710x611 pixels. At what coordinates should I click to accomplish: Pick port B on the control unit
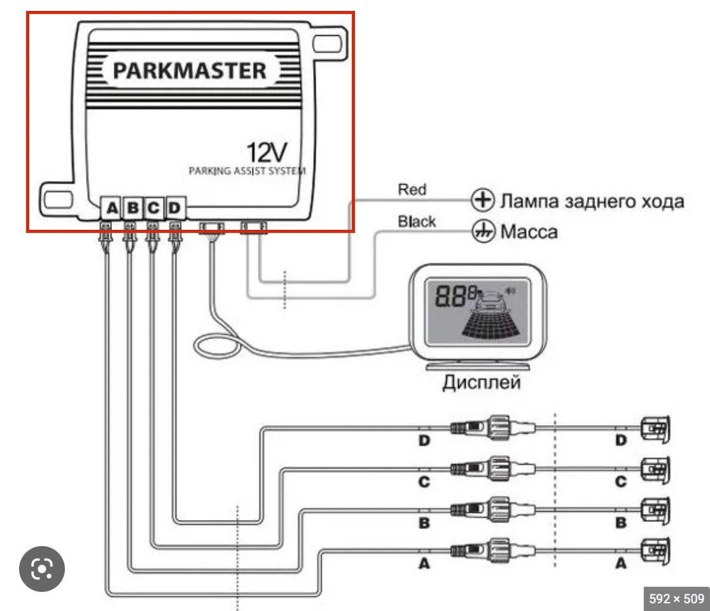click(133, 207)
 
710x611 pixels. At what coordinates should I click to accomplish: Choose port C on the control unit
click(153, 207)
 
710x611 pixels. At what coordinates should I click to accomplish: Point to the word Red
click(412, 189)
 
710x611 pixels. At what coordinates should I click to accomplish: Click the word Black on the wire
click(417, 221)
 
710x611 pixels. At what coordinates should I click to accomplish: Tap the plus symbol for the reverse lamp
click(482, 200)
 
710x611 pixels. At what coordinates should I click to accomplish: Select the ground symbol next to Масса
click(482, 231)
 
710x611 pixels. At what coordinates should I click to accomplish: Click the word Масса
click(529, 231)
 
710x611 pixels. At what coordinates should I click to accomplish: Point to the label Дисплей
click(482, 383)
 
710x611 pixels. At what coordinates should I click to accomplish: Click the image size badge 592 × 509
click(676, 598)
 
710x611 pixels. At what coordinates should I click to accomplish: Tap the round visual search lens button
click(41, 568)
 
